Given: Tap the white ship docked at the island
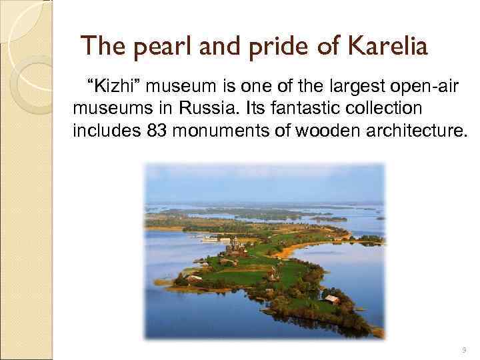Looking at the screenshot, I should click(211, 238).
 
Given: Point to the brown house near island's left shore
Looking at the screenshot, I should click(195, 277).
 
